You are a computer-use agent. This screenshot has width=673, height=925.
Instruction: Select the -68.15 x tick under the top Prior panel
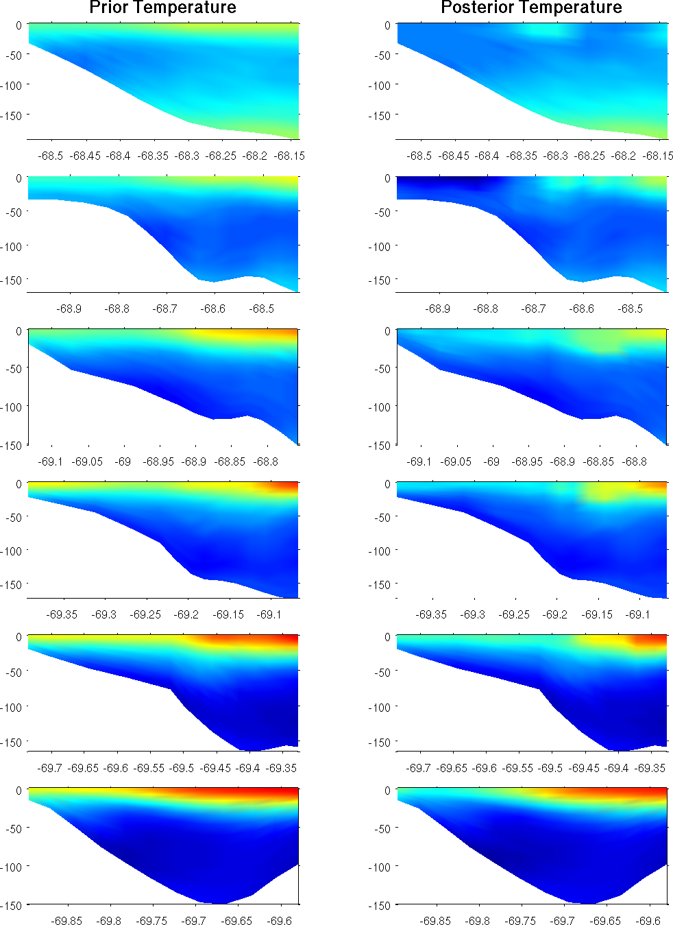point(289,156)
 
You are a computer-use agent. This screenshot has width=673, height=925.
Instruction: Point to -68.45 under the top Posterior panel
point(454,156)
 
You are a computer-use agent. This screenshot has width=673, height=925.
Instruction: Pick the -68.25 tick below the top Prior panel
point(221,156)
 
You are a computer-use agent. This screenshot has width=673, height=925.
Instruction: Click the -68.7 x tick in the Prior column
point(165,309)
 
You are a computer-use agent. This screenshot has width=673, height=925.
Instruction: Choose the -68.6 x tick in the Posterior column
point(582,309)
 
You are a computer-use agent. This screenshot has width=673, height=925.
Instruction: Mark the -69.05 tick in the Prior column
point(88,461)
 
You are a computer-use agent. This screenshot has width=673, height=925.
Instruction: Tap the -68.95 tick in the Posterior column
point(528,461)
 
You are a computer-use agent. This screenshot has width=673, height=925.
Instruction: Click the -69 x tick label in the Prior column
point(123,461)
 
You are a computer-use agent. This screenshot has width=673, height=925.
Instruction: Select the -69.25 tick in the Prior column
point(145,614)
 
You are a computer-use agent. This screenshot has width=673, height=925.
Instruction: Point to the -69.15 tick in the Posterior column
point(597,614)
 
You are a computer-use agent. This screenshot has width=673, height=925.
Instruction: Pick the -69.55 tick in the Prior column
point(149,768)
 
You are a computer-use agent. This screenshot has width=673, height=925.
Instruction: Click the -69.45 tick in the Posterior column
point(585,768)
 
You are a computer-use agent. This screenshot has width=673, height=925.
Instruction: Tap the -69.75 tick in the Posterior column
point(520,921)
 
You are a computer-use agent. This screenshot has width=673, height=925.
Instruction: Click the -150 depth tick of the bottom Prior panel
point(12,905)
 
